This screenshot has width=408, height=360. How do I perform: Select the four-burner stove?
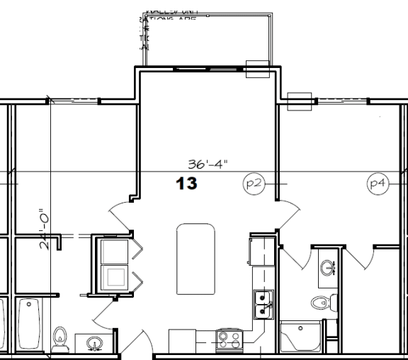(229, 339)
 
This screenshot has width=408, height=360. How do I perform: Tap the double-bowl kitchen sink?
(263, 305)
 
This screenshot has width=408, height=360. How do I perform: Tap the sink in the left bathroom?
(93, 344)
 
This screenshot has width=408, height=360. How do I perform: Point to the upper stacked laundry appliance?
(114, 251)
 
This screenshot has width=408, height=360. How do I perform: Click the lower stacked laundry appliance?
(114, 277)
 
